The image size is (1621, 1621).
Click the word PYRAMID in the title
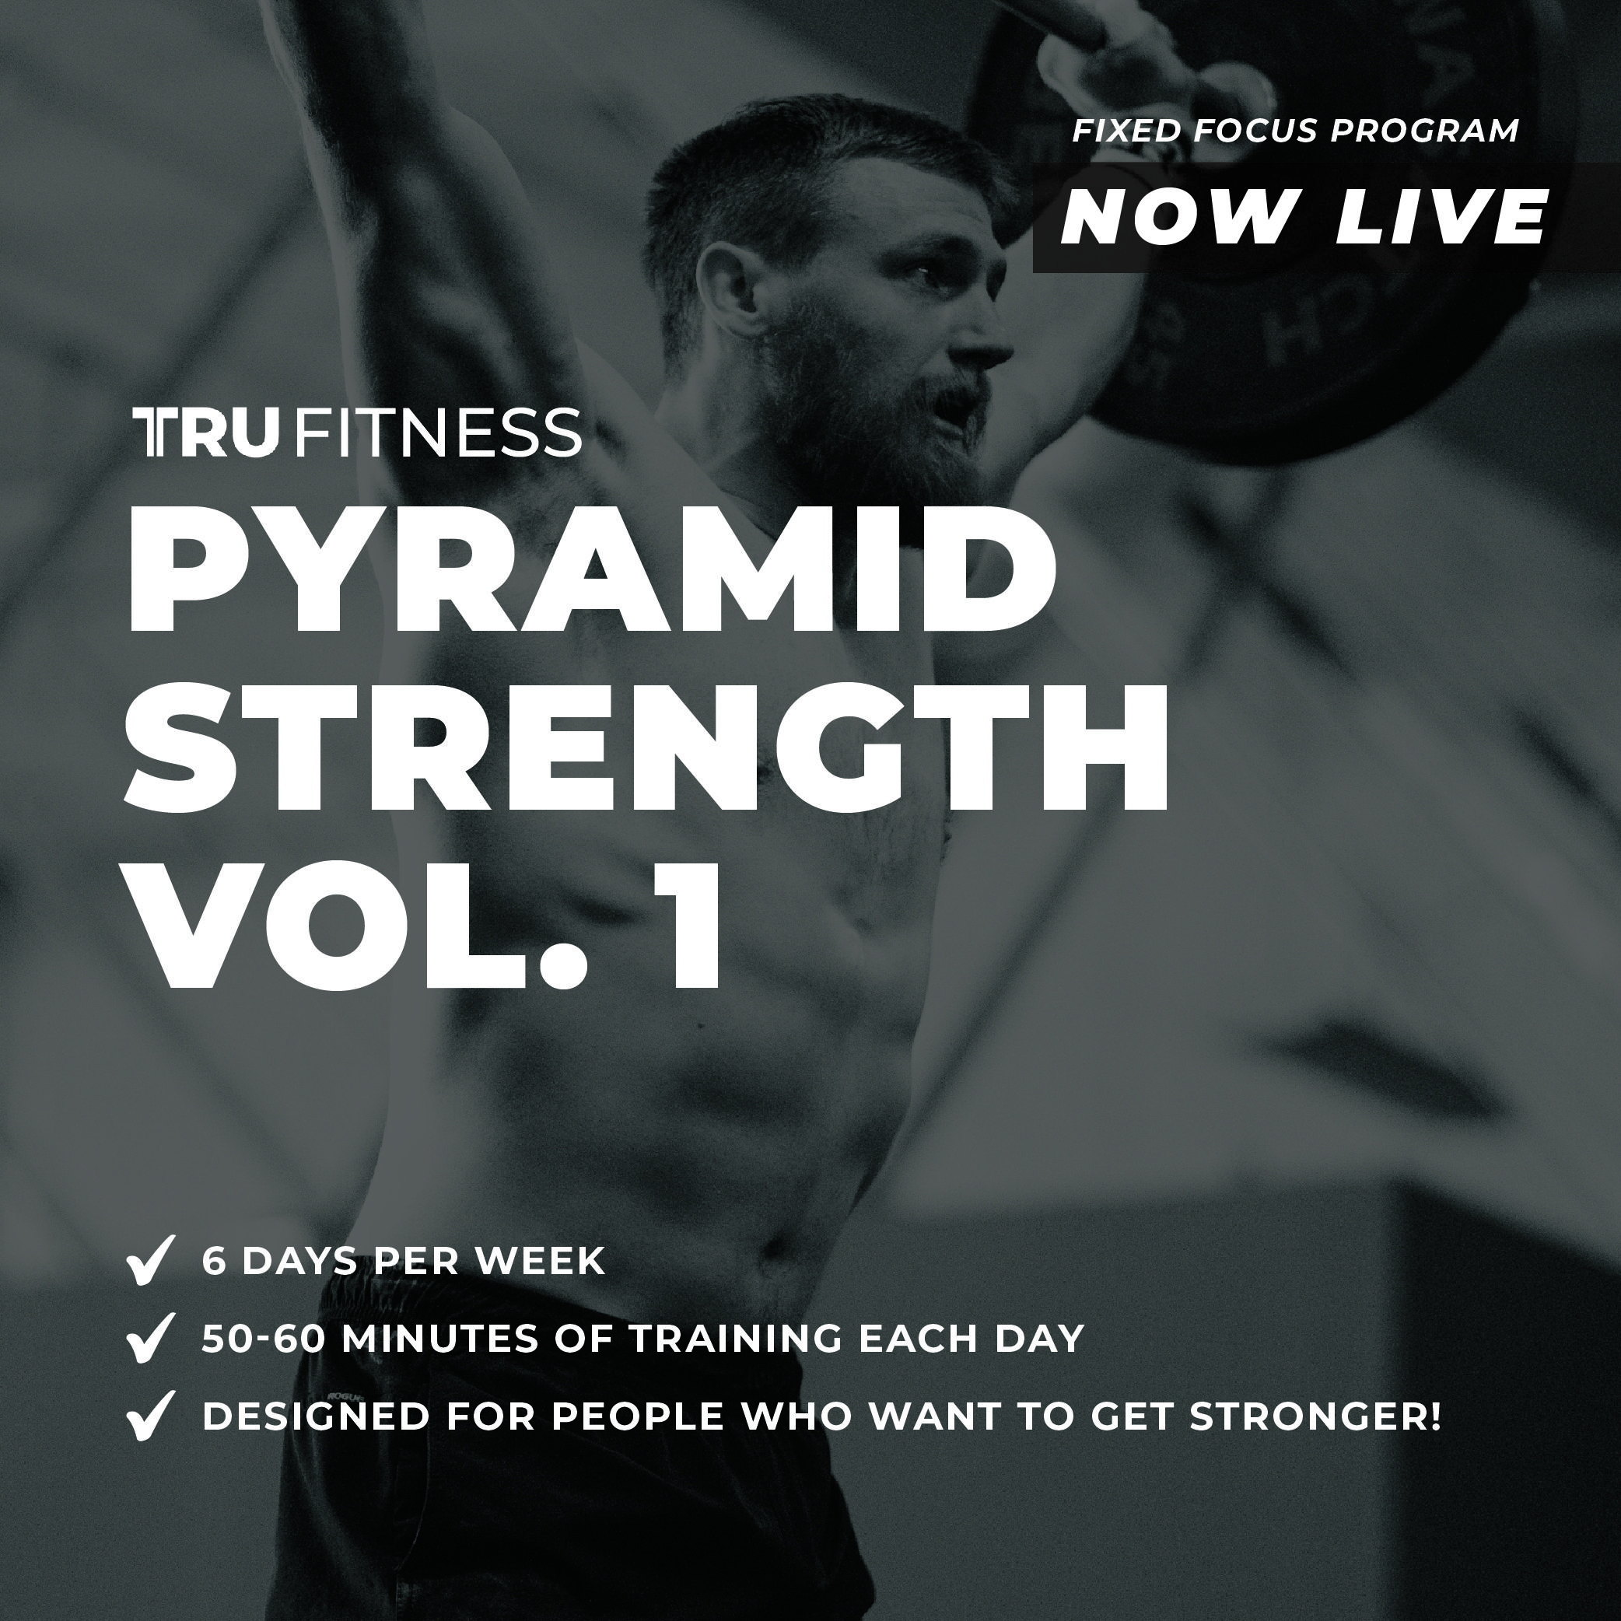(591, 579)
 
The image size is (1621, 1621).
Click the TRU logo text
(205, 433)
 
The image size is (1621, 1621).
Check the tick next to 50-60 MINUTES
(150, 1336)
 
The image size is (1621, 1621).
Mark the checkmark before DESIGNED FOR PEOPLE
(150, 1415)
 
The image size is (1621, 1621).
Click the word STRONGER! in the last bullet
(1315, 1416)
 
